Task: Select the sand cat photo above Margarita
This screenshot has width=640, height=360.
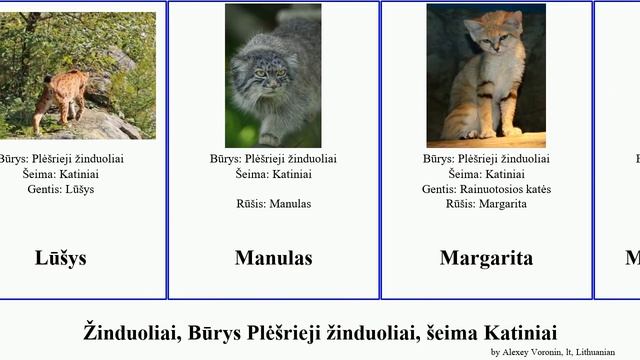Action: coord(486,75)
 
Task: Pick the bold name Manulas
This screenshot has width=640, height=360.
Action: coord(273,258)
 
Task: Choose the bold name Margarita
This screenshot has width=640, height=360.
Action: coord(486,258)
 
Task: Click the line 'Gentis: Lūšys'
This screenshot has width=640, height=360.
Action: coord(60,189)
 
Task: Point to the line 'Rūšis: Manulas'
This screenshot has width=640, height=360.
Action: coord(273,204)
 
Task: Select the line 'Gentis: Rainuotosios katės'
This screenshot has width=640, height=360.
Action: coord(486,189)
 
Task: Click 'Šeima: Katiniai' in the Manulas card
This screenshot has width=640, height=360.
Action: coord(273,174)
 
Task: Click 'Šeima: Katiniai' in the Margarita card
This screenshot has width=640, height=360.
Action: coord(486,174)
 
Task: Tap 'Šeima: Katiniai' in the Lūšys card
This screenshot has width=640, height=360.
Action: coord(60,174)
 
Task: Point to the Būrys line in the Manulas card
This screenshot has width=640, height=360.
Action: coord(273,159)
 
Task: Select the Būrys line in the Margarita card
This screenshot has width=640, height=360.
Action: coord(486,159)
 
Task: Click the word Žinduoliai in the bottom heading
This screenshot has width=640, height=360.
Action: coord(130,332)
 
